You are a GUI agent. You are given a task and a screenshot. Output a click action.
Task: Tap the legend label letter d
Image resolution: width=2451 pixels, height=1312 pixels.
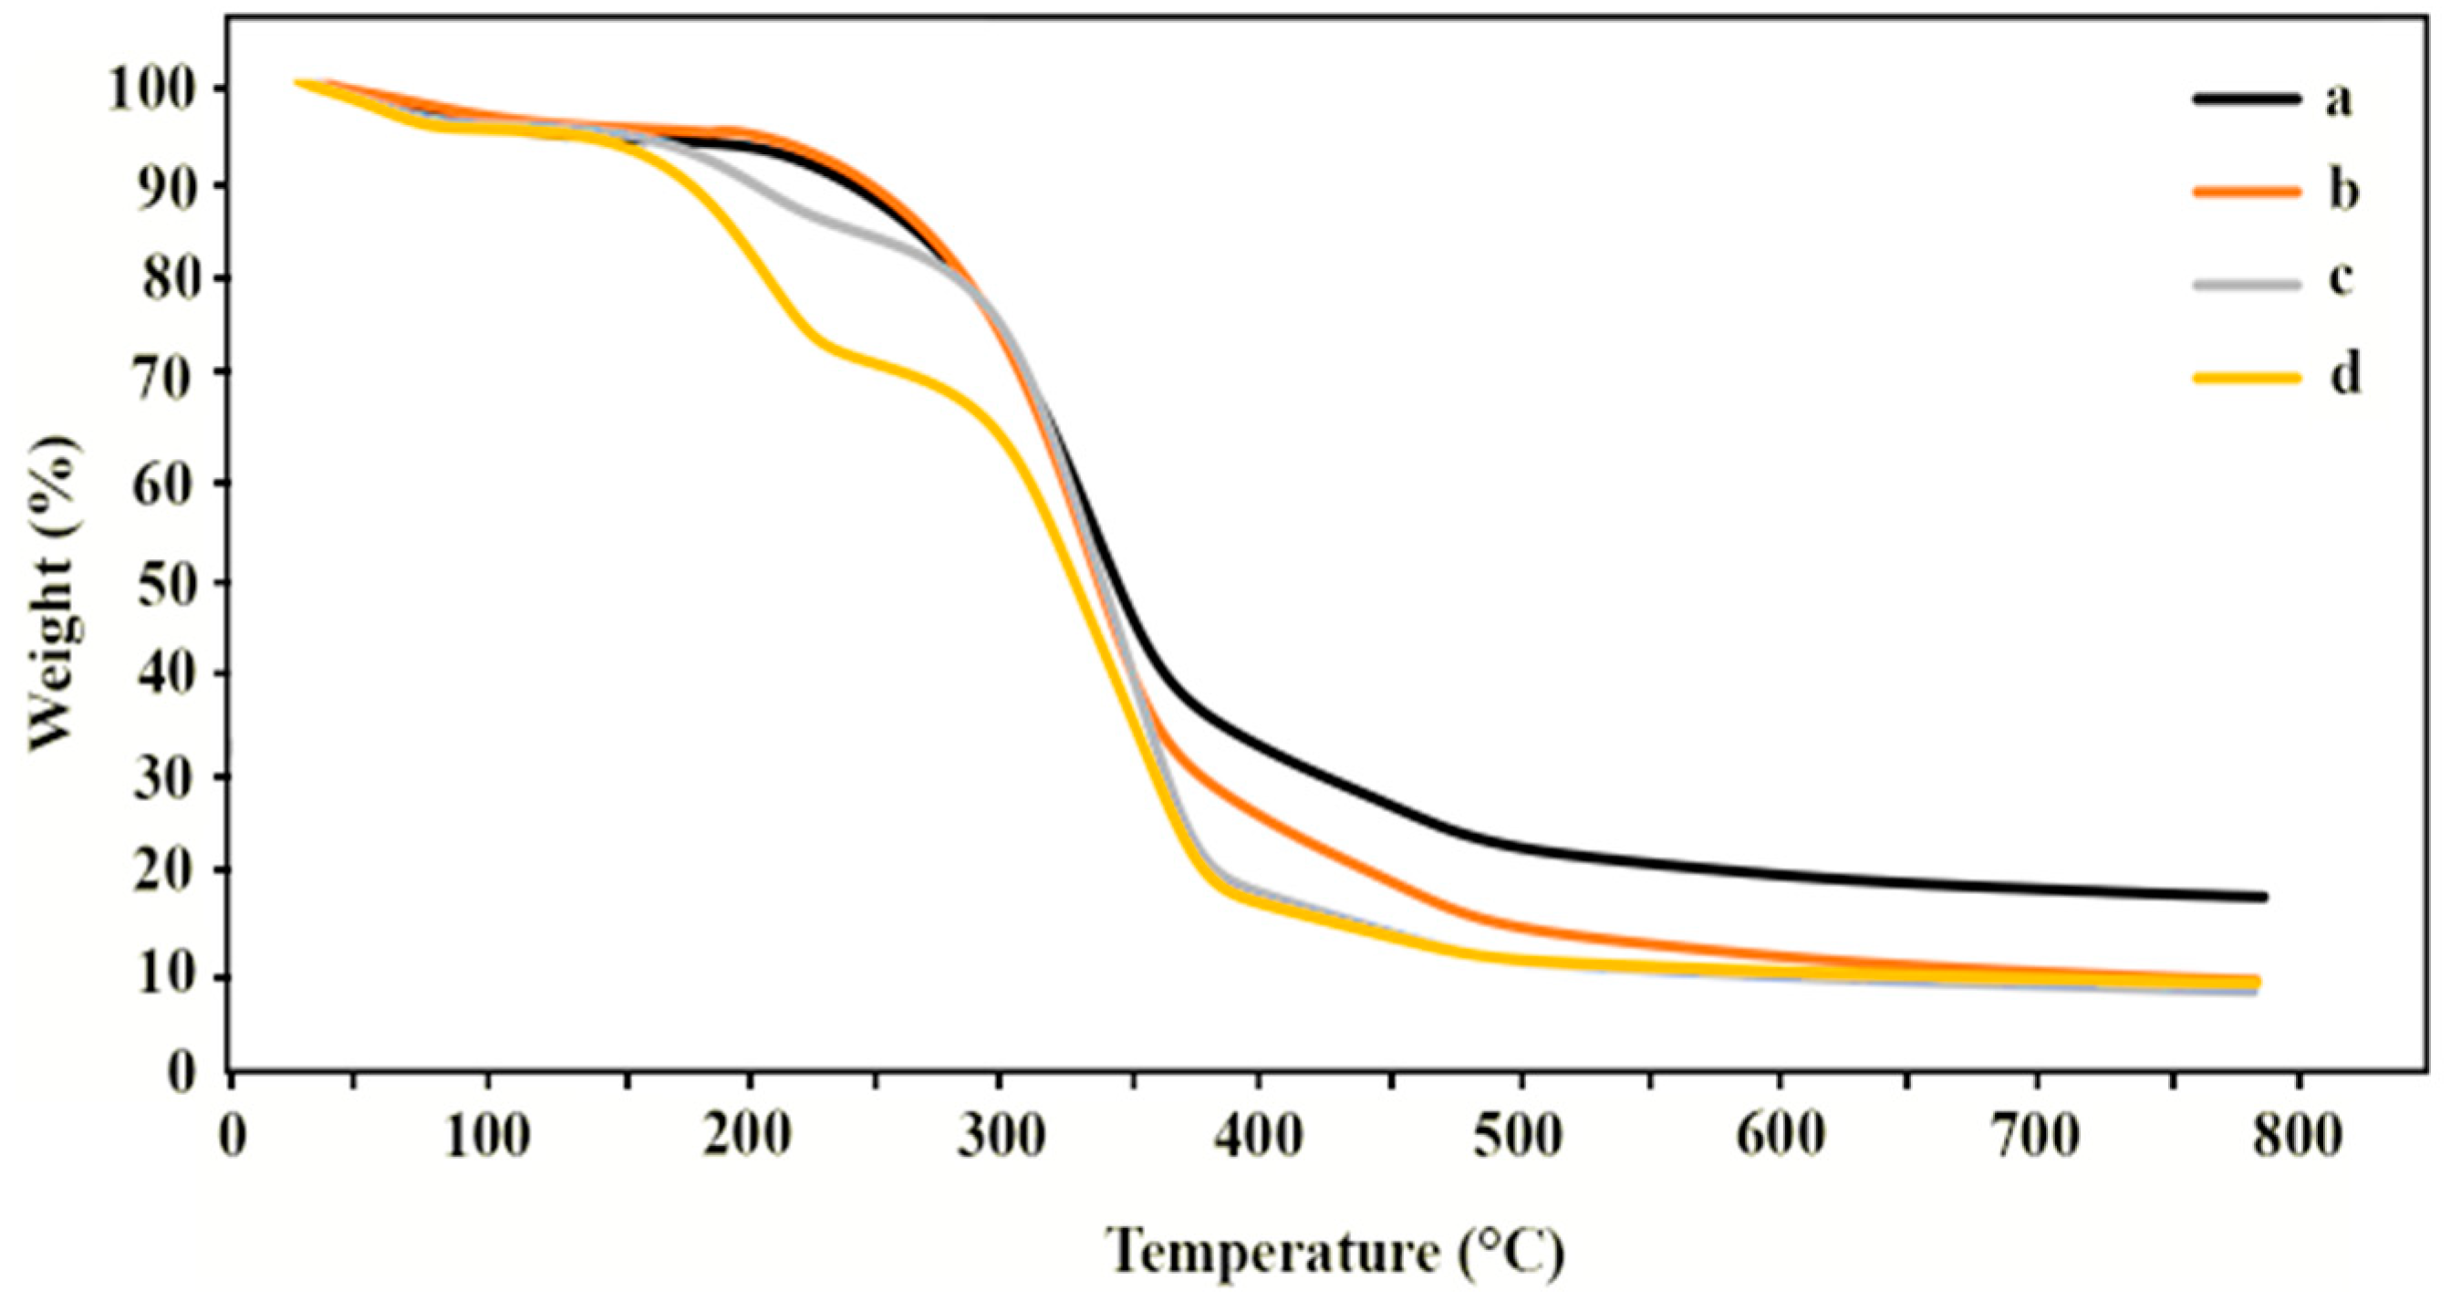[x=2343, y=376]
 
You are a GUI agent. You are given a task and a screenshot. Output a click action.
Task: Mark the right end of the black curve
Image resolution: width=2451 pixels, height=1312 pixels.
[x=2265, y=897]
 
